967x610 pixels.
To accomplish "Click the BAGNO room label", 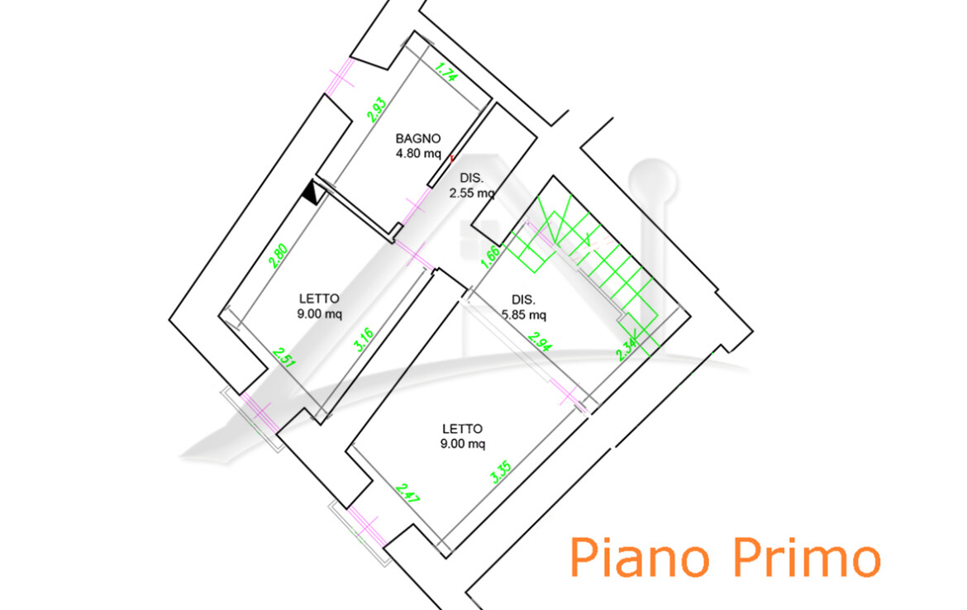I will click(x=417, y=139).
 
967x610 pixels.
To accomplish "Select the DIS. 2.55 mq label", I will click(x=471, y=187).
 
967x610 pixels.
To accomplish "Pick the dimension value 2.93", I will click(x=377, y=110).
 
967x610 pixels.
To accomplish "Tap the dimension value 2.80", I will click(x=278, y=251).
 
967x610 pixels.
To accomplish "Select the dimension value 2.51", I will click(x=283, y=360).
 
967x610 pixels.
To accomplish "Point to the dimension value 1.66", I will click(x=489, y=258).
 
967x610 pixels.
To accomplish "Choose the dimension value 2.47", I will click(x=406, y=493).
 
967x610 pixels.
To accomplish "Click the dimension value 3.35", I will click(x=500, y=472).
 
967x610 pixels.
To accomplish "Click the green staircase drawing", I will click(x=587, y=256).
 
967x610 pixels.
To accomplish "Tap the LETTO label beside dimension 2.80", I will click(x=318, y=298).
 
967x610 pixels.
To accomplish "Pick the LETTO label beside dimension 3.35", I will click(x=462, y=429).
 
